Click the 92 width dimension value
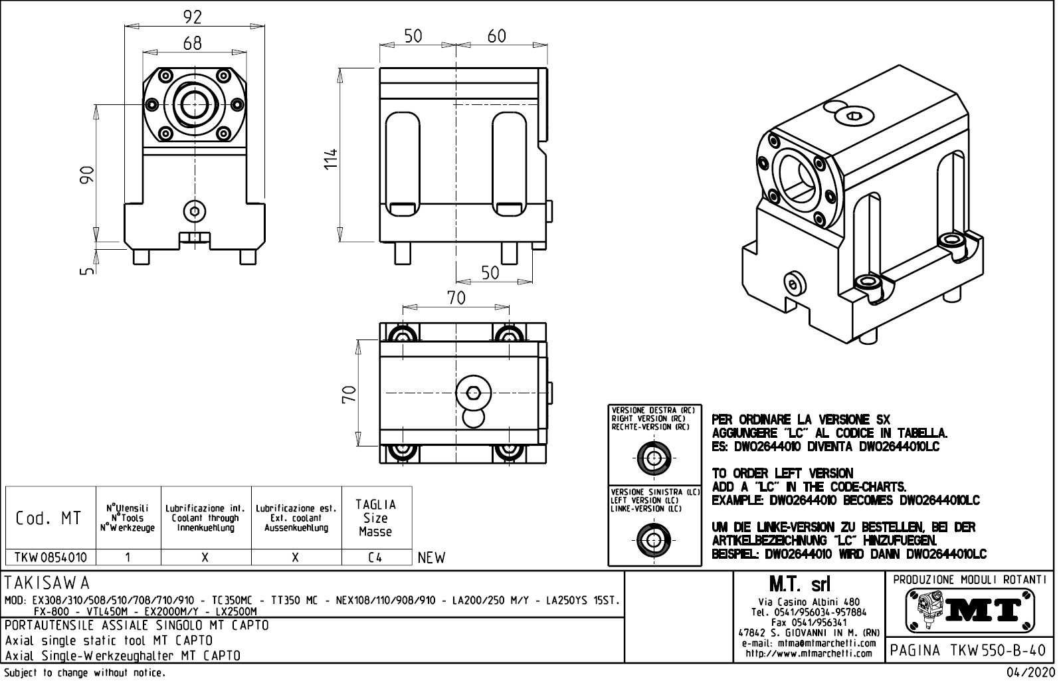[192, 17]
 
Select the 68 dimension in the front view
[192, 43]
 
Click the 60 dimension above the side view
[497, 36]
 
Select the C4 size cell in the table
[375, 558]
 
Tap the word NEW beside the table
[432, 558]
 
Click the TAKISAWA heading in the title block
[47, 583]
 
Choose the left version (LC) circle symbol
[654, 539]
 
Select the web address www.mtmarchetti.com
[809, 653]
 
